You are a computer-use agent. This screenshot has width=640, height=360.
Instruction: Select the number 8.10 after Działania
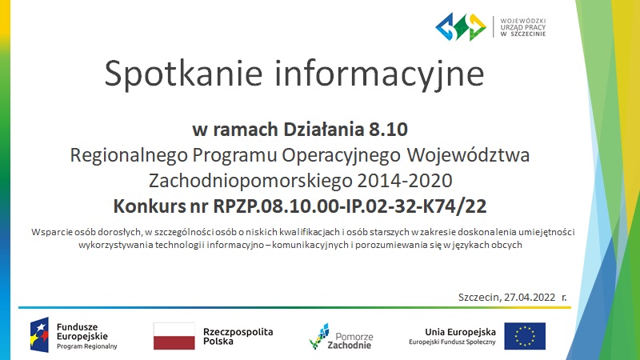[x=389, y=130]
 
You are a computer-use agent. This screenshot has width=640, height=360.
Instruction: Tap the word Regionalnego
[x=129, y=155]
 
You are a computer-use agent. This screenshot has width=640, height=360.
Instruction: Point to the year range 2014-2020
[x=405, y=181]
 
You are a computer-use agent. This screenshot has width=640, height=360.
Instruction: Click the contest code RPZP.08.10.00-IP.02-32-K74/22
[x=350, y=206]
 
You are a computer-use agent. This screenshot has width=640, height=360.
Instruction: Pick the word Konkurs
[x=150, y=206]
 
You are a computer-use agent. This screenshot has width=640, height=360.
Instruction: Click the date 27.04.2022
[x=530, y=297]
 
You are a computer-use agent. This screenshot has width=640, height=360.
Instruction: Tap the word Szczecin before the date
[x=479, y=297]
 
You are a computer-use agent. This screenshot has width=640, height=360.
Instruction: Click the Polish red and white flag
[x=174, y=336]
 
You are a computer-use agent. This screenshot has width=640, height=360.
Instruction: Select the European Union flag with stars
[x=525, y=336]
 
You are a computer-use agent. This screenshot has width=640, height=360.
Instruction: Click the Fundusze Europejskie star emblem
[x=39, y=334]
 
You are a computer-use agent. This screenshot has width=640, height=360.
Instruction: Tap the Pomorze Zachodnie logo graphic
[x=318, y=336]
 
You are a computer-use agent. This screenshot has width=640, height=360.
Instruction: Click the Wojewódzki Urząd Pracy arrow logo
[x=461, y=27]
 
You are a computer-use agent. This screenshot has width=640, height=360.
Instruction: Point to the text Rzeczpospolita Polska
[x=238, y=336]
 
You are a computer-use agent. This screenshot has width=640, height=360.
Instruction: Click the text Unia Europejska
[x=461, y=332]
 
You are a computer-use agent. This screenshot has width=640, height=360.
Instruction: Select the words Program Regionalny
[x=87, y=346]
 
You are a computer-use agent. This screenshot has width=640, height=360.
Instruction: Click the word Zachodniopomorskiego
[x=250, y=181]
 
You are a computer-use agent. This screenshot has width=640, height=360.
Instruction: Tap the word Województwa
[x=468, y=155]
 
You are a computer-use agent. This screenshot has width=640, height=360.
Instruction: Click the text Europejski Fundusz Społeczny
[x=452, y=342]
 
